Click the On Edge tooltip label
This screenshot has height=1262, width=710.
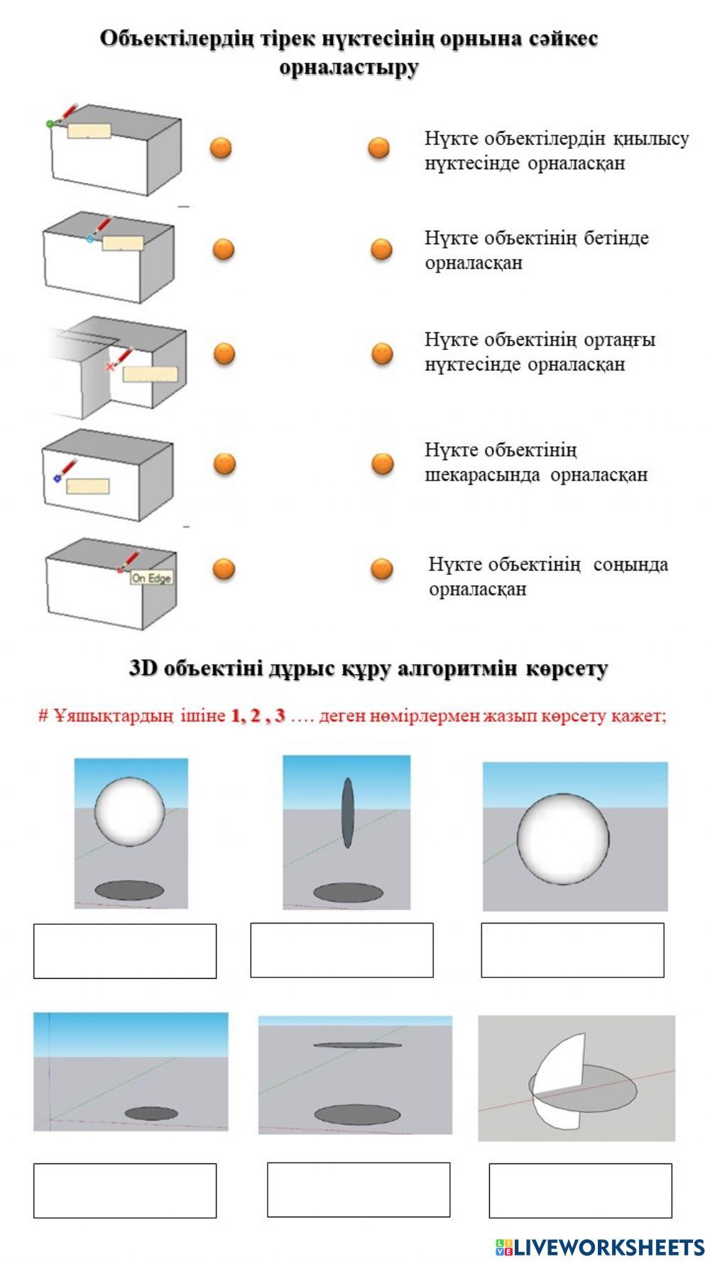[x=151, y=578]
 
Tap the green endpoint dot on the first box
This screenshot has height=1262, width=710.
[x=50, y=124]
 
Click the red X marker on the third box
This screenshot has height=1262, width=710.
[x=109, y=366]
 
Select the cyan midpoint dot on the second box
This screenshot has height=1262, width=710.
[x=90, y=239]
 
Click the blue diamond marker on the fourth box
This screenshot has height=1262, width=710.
[x=57, y=479]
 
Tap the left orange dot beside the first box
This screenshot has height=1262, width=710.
[x=221, y=148]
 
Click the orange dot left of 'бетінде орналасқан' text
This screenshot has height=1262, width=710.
[x=381, y=250]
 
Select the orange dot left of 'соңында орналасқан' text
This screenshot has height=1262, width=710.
[x=381, y=569]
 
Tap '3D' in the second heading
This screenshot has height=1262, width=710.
[x=143, y=669]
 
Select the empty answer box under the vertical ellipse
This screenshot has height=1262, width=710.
[x=342, y=950]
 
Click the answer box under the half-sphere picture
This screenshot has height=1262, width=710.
[x=579, y=1190]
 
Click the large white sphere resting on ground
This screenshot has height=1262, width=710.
[x=563, y=838]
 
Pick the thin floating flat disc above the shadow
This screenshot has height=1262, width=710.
[x=357, y=1045]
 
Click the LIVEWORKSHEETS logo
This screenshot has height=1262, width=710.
[x=599, y=1246]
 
